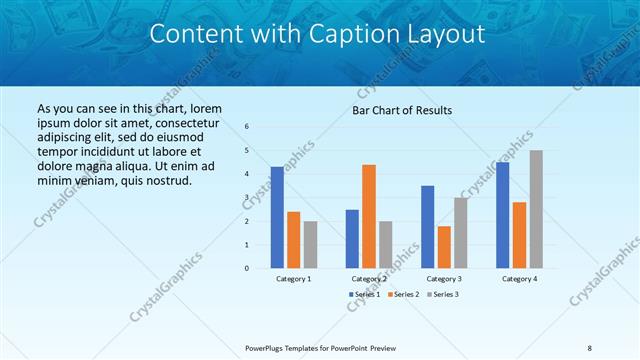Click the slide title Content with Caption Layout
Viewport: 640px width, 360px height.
pos(317,34)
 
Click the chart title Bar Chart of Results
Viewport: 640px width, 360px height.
pos(402,110)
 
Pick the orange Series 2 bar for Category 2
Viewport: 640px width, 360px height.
pos(369,216)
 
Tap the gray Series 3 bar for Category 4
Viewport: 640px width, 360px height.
pos(536,209)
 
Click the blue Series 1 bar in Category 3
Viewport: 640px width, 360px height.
pos(428,227)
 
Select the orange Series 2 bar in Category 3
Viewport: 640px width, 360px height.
pos(444,247)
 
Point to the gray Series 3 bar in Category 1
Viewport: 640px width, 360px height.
pos(310,244)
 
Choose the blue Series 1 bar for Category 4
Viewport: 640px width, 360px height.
pos(503,215)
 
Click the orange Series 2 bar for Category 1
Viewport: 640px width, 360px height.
pos(294,240)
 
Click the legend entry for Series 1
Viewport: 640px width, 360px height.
pos(365,294)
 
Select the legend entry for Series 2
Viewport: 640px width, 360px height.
pos(403,294)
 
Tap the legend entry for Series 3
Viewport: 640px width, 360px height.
pos(441,294)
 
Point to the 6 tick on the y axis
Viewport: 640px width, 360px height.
pos(247,126)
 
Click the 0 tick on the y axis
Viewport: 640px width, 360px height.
pos(247,268)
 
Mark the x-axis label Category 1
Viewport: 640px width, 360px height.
pos(294,279)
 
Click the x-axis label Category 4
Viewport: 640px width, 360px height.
pos(519,279)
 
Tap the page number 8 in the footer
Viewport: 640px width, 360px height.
pos(590,348)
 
